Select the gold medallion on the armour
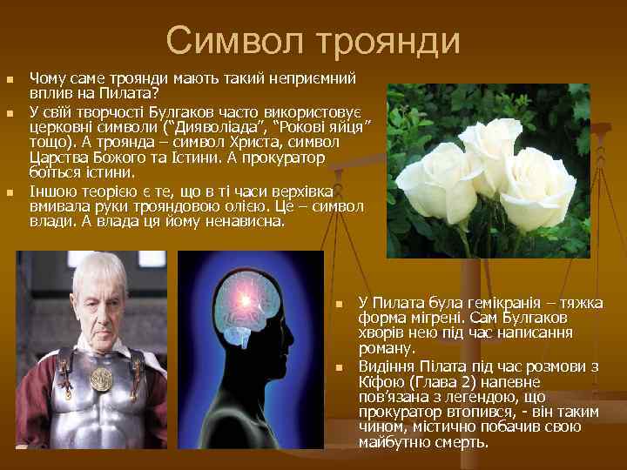(x=104, y=379)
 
